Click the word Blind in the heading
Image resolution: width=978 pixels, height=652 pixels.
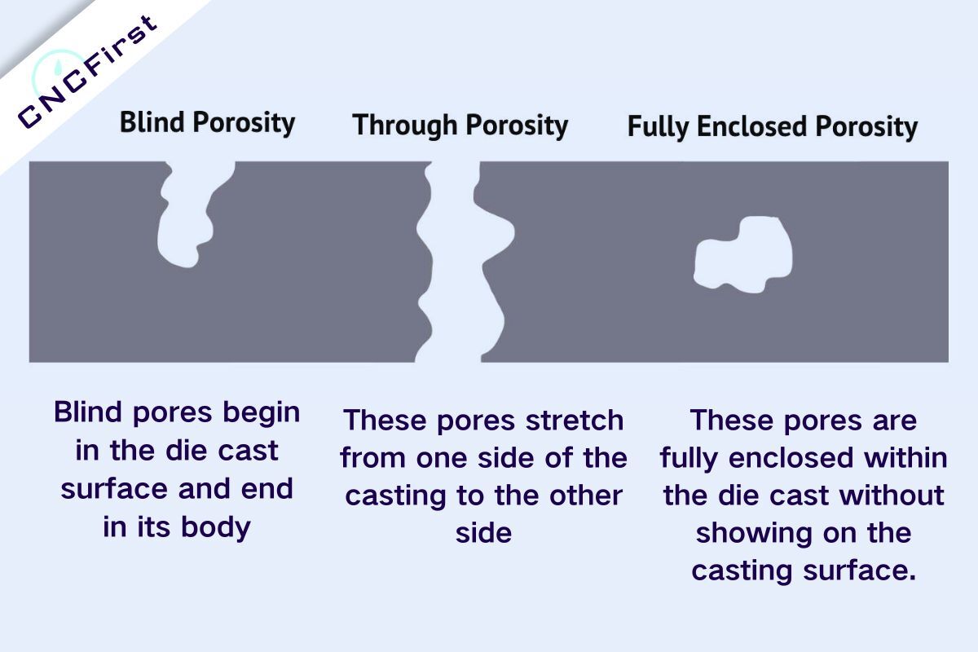(x=152, y=122)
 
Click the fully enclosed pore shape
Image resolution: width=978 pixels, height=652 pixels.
(x=743, y=253)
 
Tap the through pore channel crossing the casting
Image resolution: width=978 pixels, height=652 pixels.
(x=455, y=261)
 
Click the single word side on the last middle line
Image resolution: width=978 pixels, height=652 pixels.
(x=483, y=532)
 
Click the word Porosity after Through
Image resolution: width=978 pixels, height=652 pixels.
(x=517, y=126)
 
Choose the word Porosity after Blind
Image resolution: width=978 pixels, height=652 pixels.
(x=243, y=122)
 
